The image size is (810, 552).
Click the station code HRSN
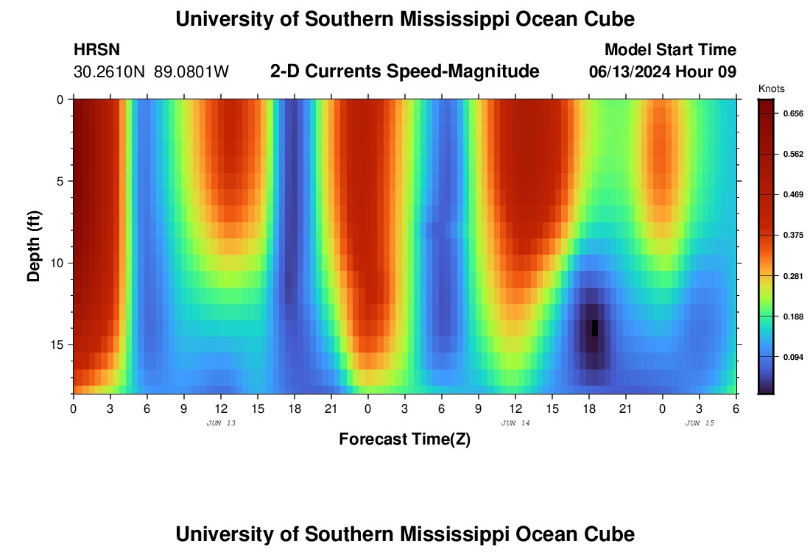[x=96, y=50]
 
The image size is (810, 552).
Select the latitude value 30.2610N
[x=110, y=72]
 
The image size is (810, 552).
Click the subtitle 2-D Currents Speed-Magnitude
[x=405, y=71]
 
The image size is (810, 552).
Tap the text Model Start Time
[x=670, y=50]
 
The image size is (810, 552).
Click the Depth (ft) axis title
[x=34, y=244]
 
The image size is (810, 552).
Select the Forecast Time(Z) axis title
[x=404, y=439]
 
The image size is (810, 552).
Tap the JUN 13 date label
[x=221, y=423]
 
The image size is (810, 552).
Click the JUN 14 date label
[x=515, y=423]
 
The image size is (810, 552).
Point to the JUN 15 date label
[x=700, y=423]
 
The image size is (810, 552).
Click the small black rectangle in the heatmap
[x=595, y=328]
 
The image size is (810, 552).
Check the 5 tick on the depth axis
[x=60, y=181]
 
